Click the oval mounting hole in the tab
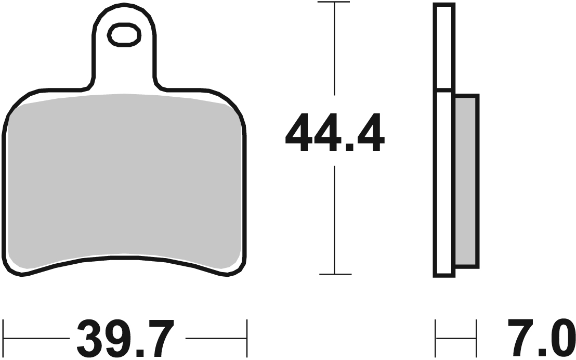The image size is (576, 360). [124, 35]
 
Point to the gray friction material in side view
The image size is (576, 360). [466, 181]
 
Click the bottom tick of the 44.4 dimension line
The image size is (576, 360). [335, 274]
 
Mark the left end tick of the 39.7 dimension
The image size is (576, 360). [4, 339]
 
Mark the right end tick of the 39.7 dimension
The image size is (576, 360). [246, 339]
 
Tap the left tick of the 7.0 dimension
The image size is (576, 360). [436, 339]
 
